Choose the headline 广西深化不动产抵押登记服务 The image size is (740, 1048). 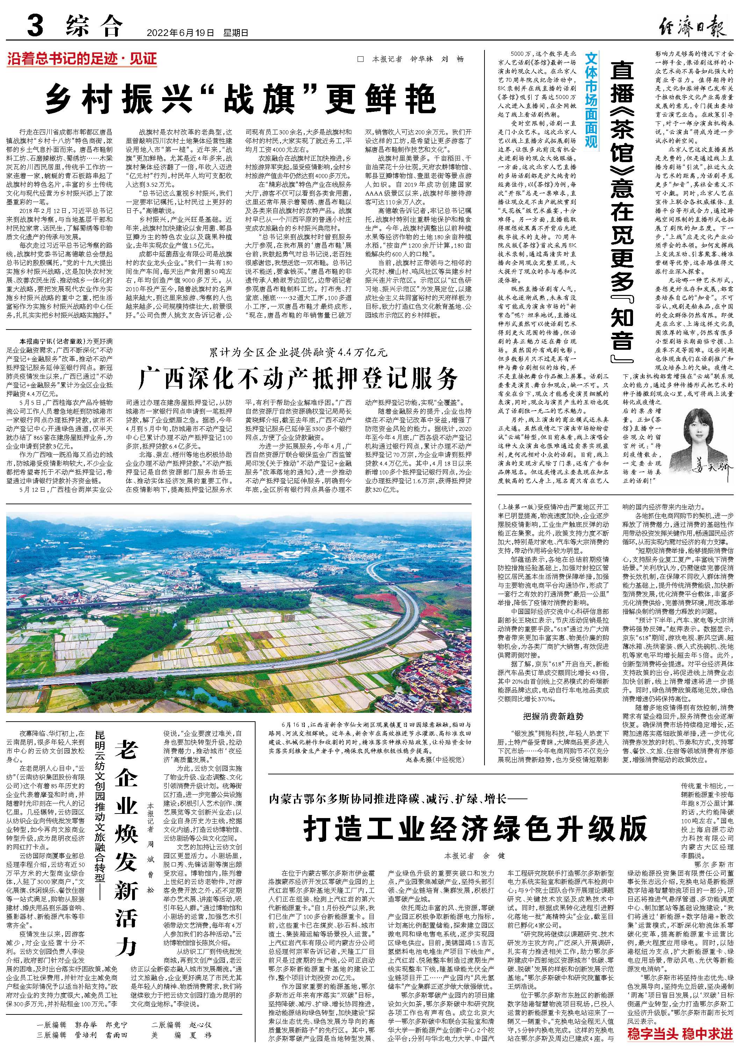299,377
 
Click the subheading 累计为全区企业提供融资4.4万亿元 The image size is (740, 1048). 299,352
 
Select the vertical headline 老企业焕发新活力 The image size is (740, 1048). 126,839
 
